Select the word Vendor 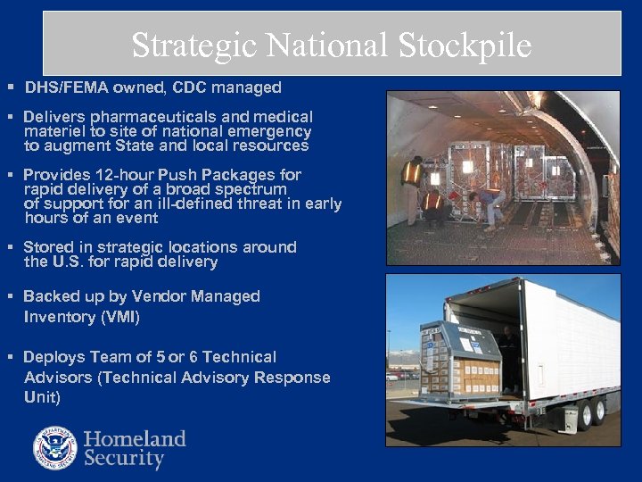pyautogui.click(x=158, y=296)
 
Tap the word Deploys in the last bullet pyautogui.click(x=51, y=357)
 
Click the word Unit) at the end pyautogui.click(x=43, y=397)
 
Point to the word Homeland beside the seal pyautogui.click(x=135, y=438)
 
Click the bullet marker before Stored pyautogui.click(x=10, y=247)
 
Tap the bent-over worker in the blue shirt pyautogui.click(x=490, y=203)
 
